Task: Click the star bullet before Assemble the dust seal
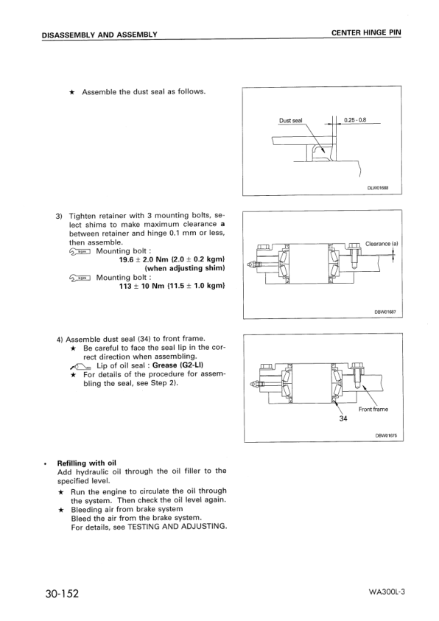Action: pyautogui.click(x=71, y=92)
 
